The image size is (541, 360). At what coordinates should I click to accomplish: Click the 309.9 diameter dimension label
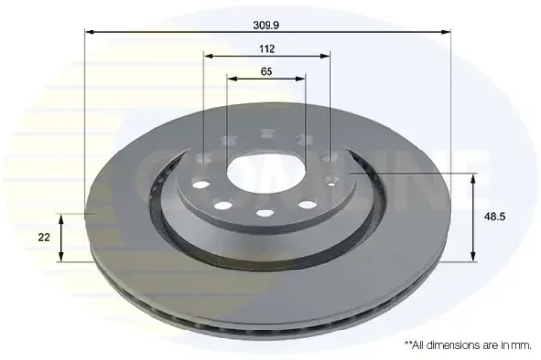click(266, 25)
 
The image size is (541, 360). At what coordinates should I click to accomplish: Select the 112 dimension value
click(267, 49)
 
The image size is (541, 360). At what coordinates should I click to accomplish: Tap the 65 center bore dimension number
click(267, 72)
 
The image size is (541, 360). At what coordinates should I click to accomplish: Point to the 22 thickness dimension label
click(44, 237)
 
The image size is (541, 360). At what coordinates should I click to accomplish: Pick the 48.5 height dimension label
click(495, 217)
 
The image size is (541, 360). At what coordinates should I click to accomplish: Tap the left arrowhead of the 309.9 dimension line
click(89, 32)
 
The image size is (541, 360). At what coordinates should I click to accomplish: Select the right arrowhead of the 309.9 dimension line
click(446, 32)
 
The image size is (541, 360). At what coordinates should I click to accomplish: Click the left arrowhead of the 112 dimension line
click(209, 56)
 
